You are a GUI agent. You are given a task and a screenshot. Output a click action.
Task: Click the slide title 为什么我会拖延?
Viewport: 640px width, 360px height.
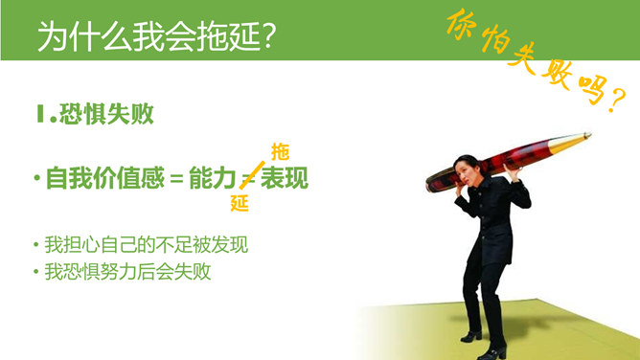coord(158,35)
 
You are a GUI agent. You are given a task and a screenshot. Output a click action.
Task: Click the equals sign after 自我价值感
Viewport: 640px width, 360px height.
coord(177,179)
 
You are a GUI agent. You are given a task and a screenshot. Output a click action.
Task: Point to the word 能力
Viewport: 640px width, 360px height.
coord(212,178)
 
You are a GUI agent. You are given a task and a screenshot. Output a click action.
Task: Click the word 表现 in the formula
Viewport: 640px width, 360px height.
coord(286,178)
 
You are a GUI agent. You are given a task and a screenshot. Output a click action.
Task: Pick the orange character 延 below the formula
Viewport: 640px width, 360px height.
coord(240,203)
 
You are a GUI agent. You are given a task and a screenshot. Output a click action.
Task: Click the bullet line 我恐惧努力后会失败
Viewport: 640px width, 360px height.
coord(127,271)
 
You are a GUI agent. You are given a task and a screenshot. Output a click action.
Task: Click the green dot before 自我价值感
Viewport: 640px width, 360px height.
coord(35,179)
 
